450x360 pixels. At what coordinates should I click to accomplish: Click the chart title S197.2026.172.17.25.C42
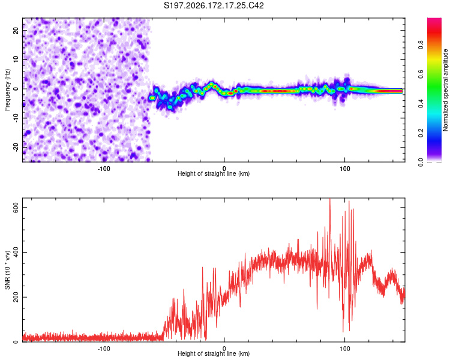pyautogui.click(x=214, y=5)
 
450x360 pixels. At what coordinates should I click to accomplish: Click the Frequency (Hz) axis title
pyautogui.click(x=7, y=90)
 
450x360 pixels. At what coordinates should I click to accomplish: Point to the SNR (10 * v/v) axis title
pyautogui.click(x=7, y=270)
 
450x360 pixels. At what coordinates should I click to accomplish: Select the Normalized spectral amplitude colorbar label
pyautogui.click(x=445, y=90)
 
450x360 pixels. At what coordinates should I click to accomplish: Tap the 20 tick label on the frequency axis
pyautogui.click(x=16, y=31)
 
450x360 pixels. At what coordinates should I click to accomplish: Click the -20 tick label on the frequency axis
pyautogui.click(x=16, y=147)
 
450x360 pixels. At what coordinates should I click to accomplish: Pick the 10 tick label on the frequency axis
pyautogui.click(x=16, y=59)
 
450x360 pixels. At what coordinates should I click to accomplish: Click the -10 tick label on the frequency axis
pyautogui.click(x=16, y=118)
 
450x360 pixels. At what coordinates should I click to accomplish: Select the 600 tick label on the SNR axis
pyautogui.click(x=16, y=207)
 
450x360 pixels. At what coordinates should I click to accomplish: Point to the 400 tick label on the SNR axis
pyautogui.click(x=16, y=252)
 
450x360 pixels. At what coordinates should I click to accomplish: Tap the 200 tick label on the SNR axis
pyautogui.click(x=16, y=297)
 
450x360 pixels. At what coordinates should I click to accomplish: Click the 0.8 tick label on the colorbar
pyautogui.click(x=421, y=44)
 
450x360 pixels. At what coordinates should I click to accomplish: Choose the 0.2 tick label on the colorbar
pyautogui.click(x=421, y=133)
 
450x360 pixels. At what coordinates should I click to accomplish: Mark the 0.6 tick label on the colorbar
pyautogui.click(x=421, y=74)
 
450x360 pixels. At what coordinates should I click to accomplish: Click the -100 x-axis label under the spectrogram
pyautogui.click(x=104, y=169)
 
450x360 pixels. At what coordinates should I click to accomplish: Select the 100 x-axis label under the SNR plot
pyautogui.click(x=344, y=349)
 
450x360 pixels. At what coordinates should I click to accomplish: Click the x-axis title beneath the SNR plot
pyautogui.click(x=214, y=353)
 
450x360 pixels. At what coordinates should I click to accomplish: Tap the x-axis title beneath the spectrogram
pyautogui.click(x=214, y=173)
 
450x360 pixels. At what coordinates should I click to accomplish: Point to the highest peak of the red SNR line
pyautogui.click(x=330, y=199)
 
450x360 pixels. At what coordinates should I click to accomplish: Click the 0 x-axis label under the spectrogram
pyautogui.click(x=224, y=169)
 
